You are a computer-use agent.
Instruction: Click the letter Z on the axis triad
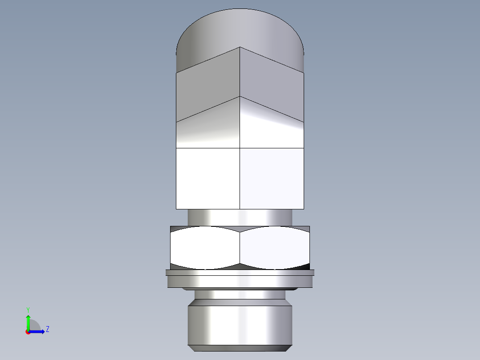47,329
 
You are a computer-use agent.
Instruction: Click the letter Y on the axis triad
28,309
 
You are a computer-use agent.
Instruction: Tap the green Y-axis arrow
28,321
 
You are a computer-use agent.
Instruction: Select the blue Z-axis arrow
37,331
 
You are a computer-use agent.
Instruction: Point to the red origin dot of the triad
28,332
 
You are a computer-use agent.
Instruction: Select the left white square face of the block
208,178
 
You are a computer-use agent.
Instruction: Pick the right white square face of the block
272,178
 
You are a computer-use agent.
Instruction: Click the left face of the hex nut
205,248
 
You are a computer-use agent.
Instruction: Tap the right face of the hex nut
275,248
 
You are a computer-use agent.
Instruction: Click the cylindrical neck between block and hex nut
240,217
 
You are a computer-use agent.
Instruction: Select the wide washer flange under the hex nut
240,279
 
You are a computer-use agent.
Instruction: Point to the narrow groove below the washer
240,295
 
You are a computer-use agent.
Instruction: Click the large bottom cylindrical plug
240,323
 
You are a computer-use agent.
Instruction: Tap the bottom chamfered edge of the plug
240,348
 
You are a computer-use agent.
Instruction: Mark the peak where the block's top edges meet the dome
240,47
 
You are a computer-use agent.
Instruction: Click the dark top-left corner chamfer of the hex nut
176,228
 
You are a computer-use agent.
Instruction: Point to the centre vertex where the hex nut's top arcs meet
240,232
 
